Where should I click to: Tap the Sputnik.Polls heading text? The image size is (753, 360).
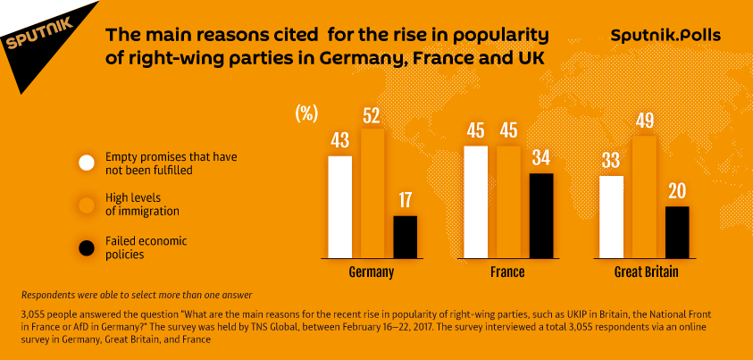click(665, 36)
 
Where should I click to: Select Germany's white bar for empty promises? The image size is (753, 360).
click(340, 207)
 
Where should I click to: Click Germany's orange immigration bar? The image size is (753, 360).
click(372, 194)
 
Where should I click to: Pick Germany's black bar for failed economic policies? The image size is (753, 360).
click(406, 237)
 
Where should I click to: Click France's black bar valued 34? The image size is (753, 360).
click(541, 216)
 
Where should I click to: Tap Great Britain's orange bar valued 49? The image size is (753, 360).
click(644, 197)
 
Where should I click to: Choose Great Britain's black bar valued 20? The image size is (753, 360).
click(677, 232)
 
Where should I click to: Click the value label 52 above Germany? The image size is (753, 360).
click(372, 115)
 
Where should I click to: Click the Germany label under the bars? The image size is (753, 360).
click(372, 272)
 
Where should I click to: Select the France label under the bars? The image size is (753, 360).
click(506, 272)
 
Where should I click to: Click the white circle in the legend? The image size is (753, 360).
click(87, 163)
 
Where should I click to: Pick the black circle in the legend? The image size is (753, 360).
click(87, 247)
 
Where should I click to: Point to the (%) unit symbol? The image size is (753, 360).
click(306, 113)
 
